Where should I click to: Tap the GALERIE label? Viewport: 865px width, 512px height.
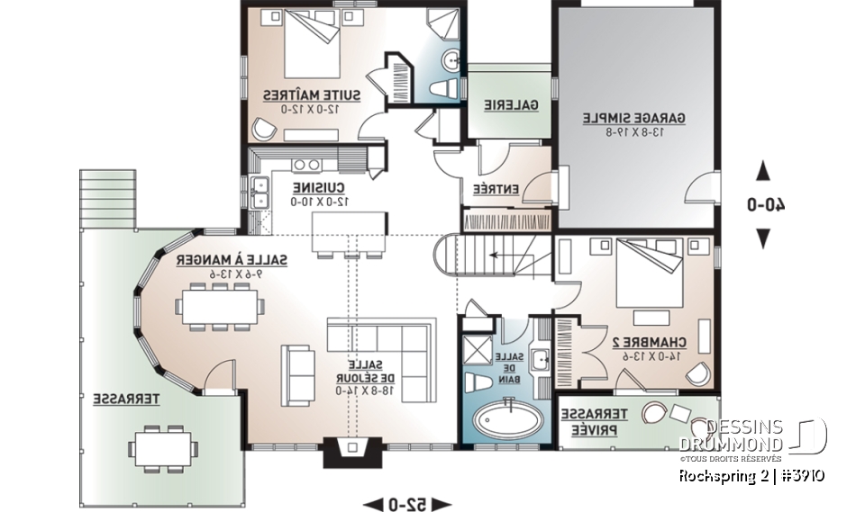click(x=511, y=105)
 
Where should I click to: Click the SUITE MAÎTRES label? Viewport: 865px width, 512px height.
click(x=312, y=94)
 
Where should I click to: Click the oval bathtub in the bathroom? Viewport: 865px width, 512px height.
click(x=505, y=418)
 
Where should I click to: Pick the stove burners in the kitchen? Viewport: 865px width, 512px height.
click(x=306, y=165)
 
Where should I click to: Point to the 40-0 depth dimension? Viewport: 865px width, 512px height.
click(x=763, y=204)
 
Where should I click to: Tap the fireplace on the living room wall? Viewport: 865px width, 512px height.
click(x=348, y=451)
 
